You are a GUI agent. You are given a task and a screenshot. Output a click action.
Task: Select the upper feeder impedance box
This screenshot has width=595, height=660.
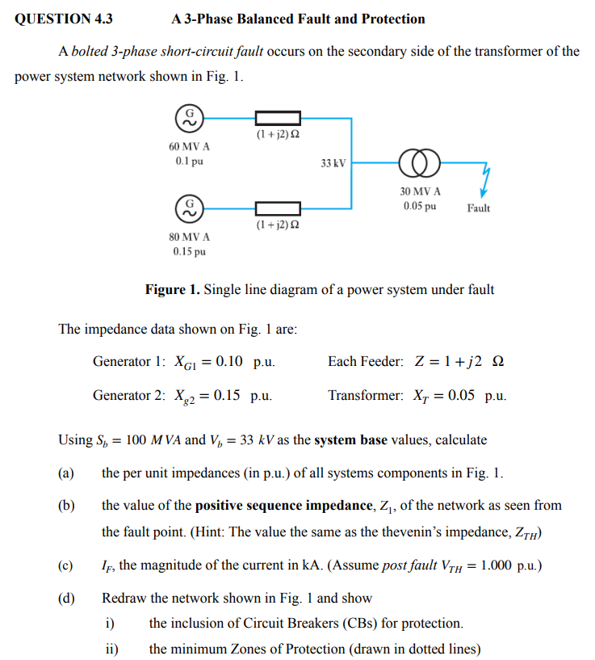coord(278,119)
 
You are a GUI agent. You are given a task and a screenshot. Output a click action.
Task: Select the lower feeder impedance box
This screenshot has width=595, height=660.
coord(278,208)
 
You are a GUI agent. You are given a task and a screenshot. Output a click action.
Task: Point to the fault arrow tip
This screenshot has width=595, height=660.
coord(482,195)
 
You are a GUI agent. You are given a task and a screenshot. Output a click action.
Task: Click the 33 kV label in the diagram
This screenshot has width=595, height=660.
coord(333,163)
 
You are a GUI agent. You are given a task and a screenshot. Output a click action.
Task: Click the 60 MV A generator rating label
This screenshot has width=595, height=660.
coord(190,147)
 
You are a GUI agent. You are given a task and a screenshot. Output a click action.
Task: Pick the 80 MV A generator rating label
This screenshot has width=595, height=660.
coord(190,238)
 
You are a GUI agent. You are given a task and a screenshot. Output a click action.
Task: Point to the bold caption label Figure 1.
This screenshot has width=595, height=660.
coord(172,289)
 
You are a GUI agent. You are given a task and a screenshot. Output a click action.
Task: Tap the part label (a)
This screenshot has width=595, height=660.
coord(66,473)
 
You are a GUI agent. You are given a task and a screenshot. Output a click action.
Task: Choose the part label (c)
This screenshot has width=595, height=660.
coord(66,565)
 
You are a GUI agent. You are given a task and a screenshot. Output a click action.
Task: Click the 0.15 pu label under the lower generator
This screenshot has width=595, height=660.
coord(190,251)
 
